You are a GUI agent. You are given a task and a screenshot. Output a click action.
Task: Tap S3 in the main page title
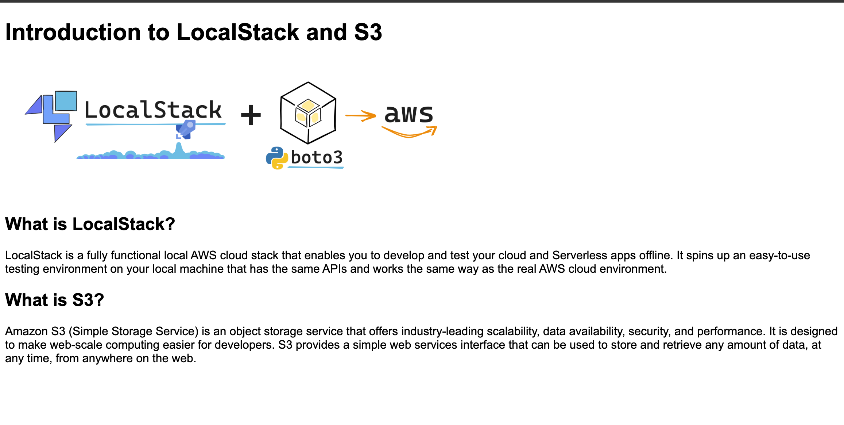(x=368, y=32)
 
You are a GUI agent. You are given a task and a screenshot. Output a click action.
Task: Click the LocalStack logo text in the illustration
(x=153, y=110)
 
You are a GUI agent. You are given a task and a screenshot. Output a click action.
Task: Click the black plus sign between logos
(x=251, y=115)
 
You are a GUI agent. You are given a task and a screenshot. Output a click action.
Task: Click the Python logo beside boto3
(x=277, y=158)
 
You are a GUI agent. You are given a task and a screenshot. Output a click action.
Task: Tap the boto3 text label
(x=317, y=158)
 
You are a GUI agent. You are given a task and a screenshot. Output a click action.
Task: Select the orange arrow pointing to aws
(x=360, y=116)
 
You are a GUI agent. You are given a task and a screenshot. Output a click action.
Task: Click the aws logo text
(x=409, y=114)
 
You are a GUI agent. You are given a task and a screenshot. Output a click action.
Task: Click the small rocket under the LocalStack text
(x=186, y=130)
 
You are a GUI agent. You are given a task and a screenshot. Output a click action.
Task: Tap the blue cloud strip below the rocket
(x=150, y=155)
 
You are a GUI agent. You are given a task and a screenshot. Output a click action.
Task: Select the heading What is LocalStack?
(x=90, y=224)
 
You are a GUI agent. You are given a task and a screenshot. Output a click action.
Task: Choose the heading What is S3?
(x=55, y=300)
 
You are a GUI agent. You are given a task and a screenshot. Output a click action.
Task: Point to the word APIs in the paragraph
(x=334, y=269)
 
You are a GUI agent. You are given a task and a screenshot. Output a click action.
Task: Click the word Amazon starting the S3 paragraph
(x=26, y=331)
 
